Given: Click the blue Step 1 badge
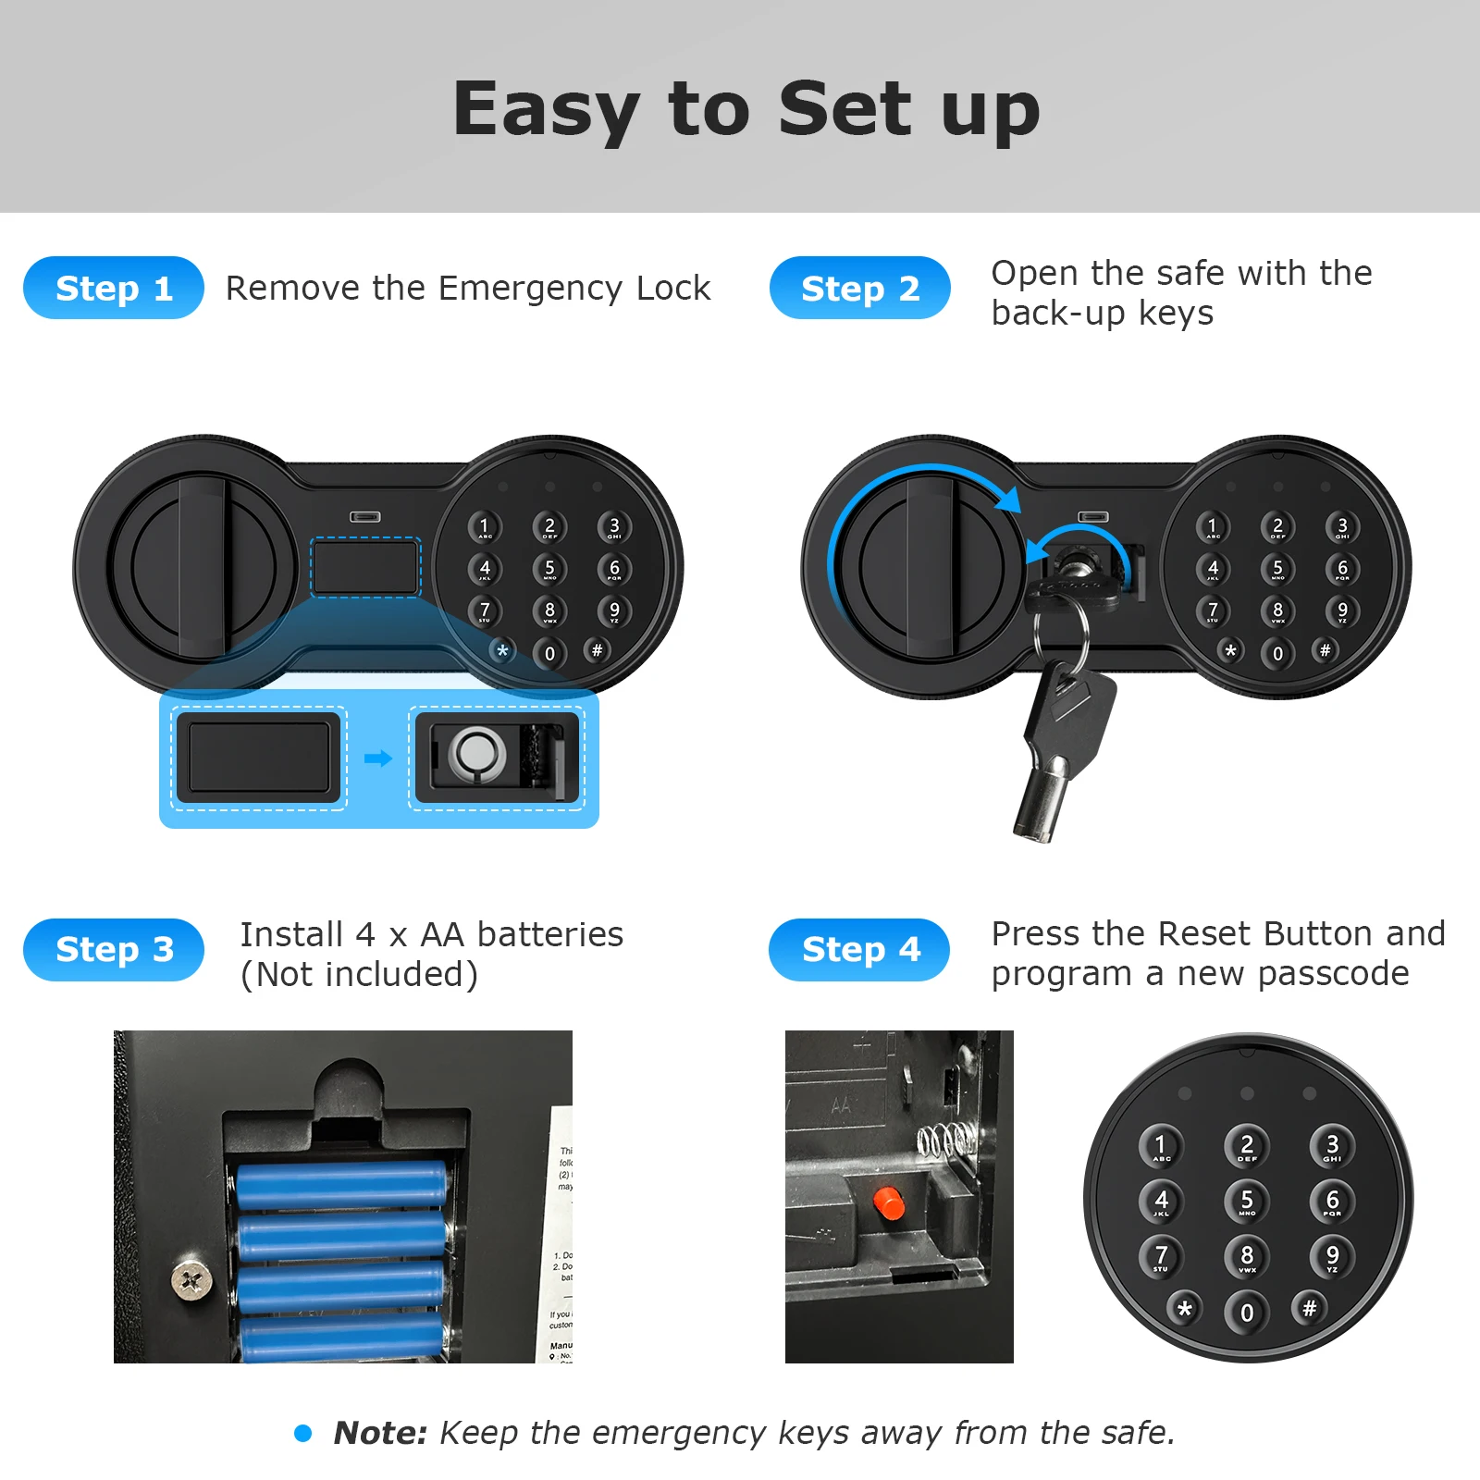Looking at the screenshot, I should tap(113, 288).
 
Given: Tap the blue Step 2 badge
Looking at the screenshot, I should tap(859, 288).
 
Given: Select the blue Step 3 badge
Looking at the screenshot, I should tap(113, 949).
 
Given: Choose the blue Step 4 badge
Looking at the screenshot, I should tap(859, 949).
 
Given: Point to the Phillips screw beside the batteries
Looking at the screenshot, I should tap(191, 1280).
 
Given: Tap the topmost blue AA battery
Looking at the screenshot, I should tap(341, 1185).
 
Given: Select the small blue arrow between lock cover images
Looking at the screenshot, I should tap(377, 758).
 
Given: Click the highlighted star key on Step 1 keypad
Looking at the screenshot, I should tap(502, 650).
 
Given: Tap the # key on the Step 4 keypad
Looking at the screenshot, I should tap(1309, 1308).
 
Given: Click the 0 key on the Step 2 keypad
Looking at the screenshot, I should tap(1277, 653).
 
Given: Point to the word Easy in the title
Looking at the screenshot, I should tap(546, 109).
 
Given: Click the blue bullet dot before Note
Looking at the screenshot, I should tap(302, 1433).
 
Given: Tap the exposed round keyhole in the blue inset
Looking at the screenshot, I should tap(476, 753).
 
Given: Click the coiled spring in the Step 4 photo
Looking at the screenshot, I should tap(945, 1140).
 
